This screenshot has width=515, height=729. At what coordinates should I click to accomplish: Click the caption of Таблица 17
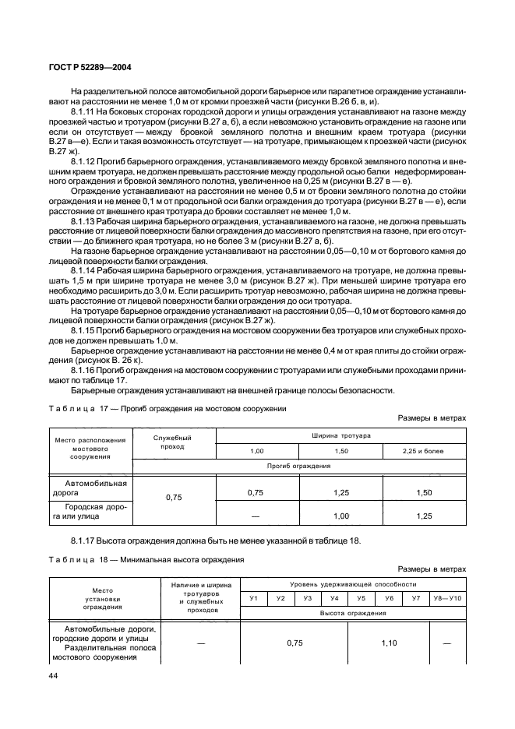click(x=168, y=408)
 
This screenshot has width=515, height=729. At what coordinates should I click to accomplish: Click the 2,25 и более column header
click(x=424, y=451)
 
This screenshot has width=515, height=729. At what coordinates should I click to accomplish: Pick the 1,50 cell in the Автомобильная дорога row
click(x=424, y=493)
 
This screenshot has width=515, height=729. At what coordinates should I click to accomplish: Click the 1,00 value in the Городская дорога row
click(x=341, y=516)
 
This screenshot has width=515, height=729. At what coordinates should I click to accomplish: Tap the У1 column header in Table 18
click(x=253, y=597)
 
